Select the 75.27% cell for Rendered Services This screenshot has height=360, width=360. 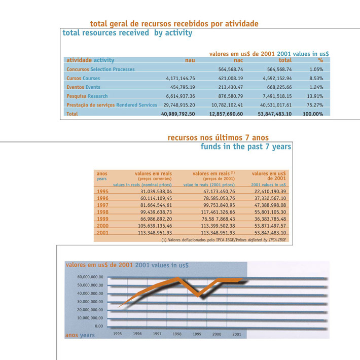point(316,105)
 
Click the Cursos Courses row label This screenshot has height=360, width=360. point(83,79)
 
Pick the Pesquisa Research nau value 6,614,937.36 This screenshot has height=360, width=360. point(181,96)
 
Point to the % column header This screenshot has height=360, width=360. point(320,60)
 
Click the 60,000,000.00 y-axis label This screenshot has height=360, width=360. point(90,277)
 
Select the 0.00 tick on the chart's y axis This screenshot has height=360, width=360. point(98,326)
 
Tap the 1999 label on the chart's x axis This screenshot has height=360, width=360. point(197,334)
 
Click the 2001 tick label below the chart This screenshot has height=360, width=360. point(236,334)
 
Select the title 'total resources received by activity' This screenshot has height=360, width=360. point(127,33)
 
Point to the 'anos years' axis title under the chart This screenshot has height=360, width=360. point(80,335)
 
